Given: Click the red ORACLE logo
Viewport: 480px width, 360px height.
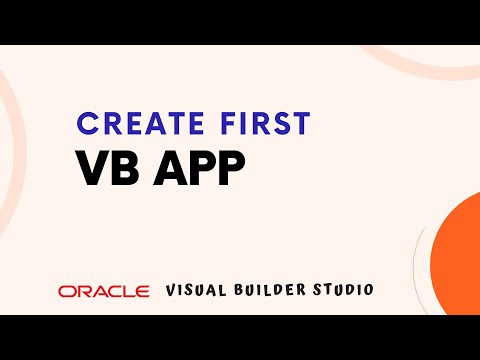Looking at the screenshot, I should [x=104, y=290].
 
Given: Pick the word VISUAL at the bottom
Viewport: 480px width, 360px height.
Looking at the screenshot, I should [x=198, y=289].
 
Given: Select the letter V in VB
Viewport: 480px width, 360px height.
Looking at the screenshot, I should [x=92, y=168].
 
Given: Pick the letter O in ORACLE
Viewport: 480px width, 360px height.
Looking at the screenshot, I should [x=66, y=290].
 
